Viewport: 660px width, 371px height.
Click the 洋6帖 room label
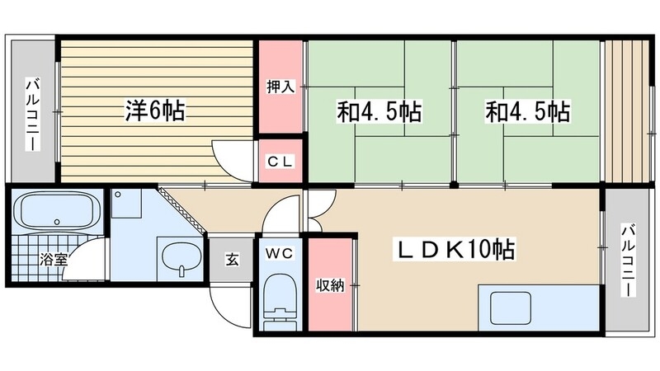coord(155,110)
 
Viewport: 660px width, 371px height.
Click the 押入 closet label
coord(280,87)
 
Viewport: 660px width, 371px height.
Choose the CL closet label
coord(280,162)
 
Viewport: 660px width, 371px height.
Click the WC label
coord(280,255)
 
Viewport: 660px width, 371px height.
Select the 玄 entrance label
coord(232,261)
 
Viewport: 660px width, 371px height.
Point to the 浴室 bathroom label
coord(54,259)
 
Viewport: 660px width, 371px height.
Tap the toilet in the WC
coord(280,300)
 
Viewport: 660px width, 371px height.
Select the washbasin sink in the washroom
coord(178,259)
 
